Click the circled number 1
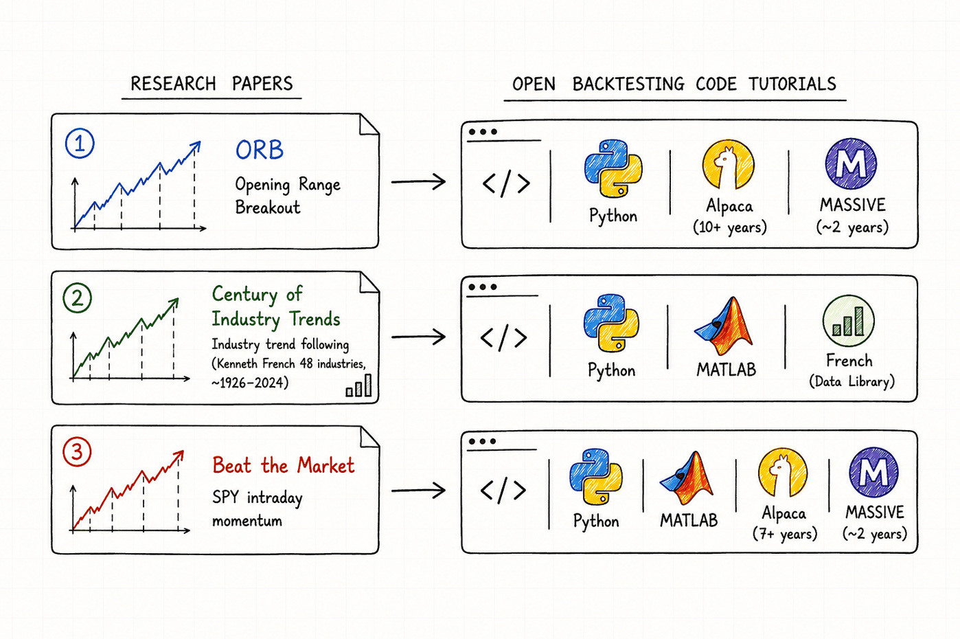tap(80, 144)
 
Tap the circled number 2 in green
tap(77, 298)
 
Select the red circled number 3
tap(77, 452)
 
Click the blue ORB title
tap(260, 150)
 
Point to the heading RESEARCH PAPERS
tap(212, 84)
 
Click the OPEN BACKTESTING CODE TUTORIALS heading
tap(674, 84)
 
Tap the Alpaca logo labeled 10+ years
tap(729, 164)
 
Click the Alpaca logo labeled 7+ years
tap(783, 473)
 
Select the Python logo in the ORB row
tap(613, 168)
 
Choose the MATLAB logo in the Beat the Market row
tap(687, 478)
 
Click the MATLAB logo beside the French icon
tap(723, 326)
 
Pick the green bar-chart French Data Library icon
tap(849, 321)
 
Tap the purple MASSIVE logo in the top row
tap(851, 164)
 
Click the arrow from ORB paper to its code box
tap(418, 182)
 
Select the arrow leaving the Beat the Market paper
tap(418, 491)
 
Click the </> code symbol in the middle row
tap(503, 338)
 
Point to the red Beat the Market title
tap(284, 465)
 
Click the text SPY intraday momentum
tap(257, 509)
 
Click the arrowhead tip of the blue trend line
tap(200, 142)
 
